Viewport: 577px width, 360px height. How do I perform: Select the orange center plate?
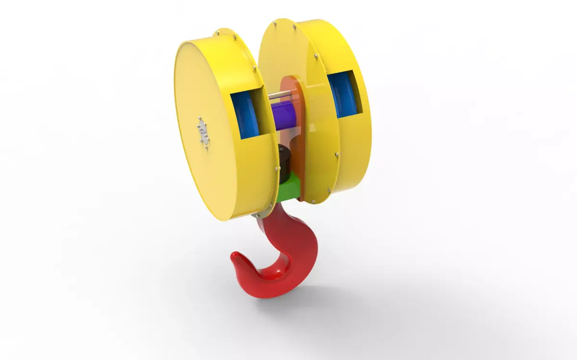298,144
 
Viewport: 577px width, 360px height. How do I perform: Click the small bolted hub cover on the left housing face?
204,131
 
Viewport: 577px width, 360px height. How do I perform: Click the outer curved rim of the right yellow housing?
358,144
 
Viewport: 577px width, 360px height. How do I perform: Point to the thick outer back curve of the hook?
308,260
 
